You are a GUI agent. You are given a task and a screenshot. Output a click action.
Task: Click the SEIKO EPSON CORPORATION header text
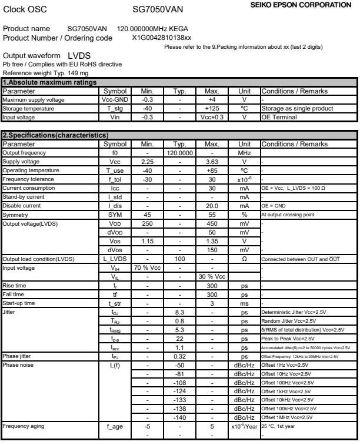pos(308,5)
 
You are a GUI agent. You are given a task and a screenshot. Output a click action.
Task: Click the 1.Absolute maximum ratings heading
pos(41,83)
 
